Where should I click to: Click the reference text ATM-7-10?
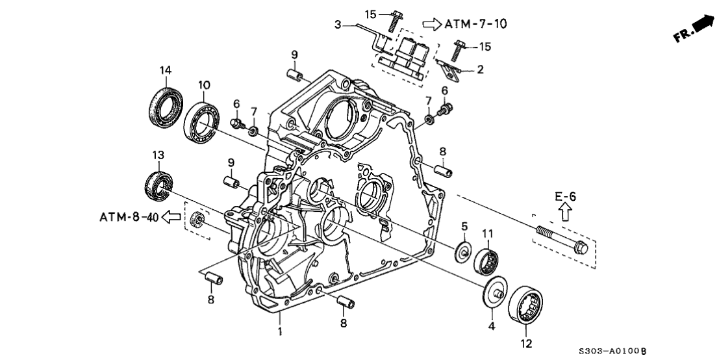click(x=475, y=24)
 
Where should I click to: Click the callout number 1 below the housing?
click(x=280, y=332)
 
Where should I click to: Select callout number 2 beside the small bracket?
click(x=480, y=69)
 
